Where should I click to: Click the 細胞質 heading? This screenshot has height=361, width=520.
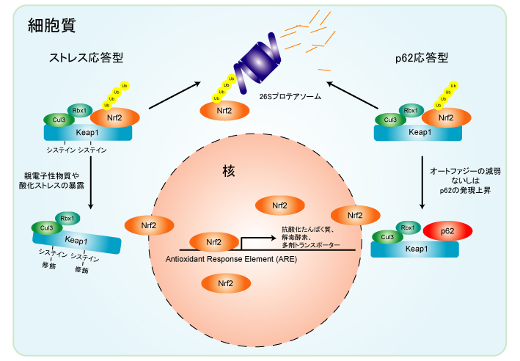pos(51,26)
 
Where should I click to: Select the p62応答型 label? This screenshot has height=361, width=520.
pos(416,57)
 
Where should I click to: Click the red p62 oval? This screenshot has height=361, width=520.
pos(448,232)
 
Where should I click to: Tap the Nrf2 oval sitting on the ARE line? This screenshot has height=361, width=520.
pos(213,241)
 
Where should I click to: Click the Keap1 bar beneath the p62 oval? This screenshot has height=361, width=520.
pos(415,249)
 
